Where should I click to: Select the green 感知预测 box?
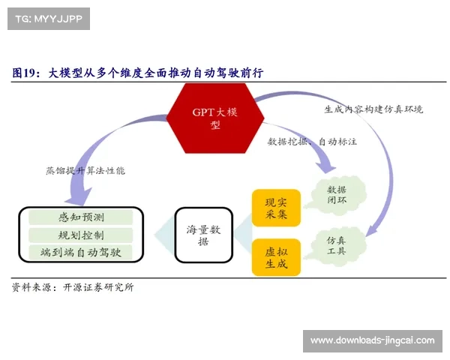click(x=80, y=217)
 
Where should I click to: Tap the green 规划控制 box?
click(x=80, y=235)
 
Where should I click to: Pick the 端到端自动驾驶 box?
click(x=80, y=253)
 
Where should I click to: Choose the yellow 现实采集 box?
click(x=276, y=208)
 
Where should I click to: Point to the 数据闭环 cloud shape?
click(x=336, y=194)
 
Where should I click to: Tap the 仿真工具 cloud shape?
click(x=336, y=245)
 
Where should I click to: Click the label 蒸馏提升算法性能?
click(x=85, y=170)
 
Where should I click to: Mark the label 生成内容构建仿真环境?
click(x=373, y=109)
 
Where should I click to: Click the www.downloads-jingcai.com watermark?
click(x=372, y=341)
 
